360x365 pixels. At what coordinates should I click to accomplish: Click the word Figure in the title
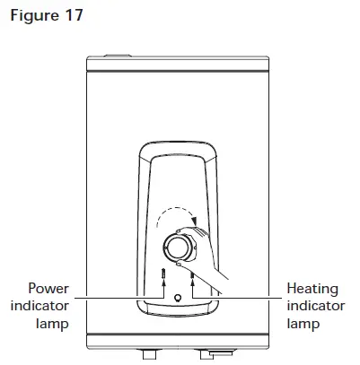[x=34, y=15]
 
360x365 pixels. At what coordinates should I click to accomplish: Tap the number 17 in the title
[x=74, y=14]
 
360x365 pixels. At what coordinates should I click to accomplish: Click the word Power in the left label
[x=48, y=289]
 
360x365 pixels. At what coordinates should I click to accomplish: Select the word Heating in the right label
[x=312, y=289]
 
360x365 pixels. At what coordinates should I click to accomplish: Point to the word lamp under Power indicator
[x=52, y=324]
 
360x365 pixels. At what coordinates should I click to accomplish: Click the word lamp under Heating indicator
[x=303, y=324]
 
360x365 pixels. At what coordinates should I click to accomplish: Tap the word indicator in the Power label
[x=40, y=306]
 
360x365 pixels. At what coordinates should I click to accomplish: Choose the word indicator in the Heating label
[x=316, y=306]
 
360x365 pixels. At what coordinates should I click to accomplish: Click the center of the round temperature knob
[x=179, y=248]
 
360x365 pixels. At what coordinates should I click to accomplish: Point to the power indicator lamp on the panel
[x=163, y=273]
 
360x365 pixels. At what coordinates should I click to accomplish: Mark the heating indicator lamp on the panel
[x=192, y=274]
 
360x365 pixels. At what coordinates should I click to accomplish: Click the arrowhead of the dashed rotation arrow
[x=195, y=222]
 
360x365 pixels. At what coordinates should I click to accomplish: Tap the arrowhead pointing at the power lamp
[x=163, y=282]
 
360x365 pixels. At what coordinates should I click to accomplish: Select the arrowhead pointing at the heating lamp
[x=192, y=282]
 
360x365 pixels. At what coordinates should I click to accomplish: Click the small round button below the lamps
[x=178, y=298]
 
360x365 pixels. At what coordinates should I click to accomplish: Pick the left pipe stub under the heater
[x=150, y=354]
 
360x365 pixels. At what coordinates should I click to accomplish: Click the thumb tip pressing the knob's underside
[x=180, y=264]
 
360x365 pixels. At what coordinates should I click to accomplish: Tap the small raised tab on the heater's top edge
[x=118, y=56]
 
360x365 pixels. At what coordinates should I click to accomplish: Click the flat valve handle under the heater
[x=221, y=354]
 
